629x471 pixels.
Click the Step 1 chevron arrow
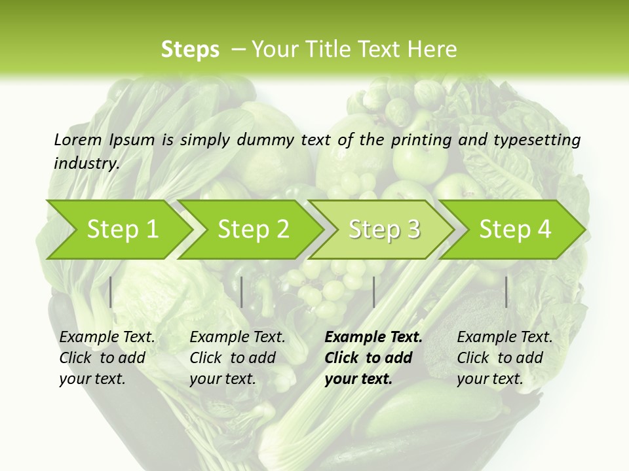coord(118,229)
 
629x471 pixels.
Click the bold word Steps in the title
coord(190,50)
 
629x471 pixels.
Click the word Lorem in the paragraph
coord(78,139)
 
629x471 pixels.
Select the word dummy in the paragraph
coord(266,139)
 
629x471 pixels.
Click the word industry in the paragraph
coord(86,163)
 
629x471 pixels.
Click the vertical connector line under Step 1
coord(111,292)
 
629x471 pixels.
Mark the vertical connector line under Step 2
coord(242,292)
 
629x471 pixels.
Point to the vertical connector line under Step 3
coord(373,292)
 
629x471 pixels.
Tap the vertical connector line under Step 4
coord(506,292)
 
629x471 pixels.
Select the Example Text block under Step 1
coord(107,358)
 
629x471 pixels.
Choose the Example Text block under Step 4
coord(505,358)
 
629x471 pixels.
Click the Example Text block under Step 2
coord(237,358)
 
